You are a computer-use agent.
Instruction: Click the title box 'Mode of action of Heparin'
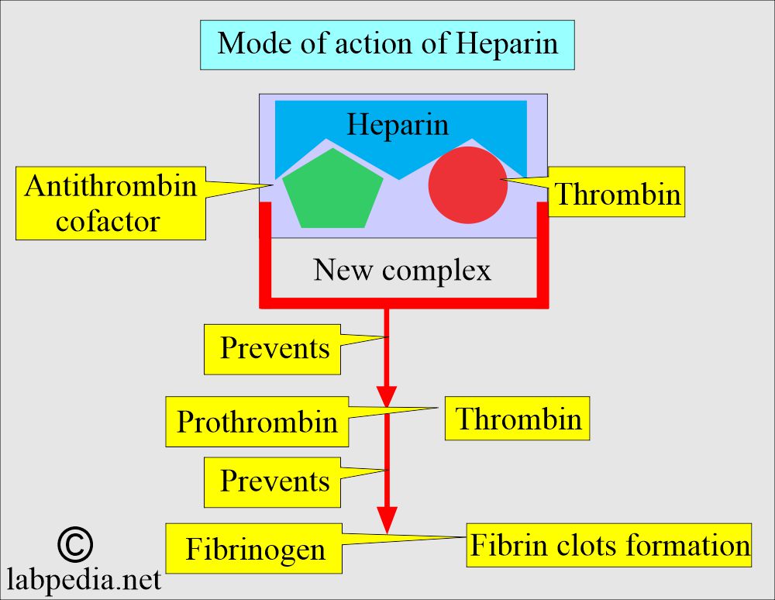[x=387, y=45]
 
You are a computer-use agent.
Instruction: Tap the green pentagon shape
[x=332, y=191]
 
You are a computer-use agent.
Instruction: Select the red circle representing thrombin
[x=467, y=184]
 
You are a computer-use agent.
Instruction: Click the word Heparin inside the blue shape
[x=398, y=124]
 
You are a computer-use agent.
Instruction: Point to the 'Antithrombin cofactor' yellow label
[x=111, y=203]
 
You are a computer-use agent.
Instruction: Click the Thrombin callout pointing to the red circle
[x=616, y=192]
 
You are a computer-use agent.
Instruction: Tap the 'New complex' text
[x=402, y=270]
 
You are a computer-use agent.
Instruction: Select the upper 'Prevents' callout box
[x=272, y=349]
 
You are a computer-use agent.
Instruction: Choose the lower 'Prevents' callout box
[x=272, y=482]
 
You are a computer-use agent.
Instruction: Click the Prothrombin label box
[x=257, y=422]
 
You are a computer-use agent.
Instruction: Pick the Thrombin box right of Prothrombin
[x=518, y=418]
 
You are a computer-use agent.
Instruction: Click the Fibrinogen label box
[x=254, y=549]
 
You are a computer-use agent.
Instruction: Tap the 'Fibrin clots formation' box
[x=609, y=545]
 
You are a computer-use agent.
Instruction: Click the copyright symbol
[x=75, y=545]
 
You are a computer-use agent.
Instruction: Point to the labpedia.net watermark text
[x=84, y=580]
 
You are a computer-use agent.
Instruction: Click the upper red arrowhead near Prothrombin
[x=387, y=396]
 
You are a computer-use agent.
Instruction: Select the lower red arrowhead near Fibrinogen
[x=387, y=520]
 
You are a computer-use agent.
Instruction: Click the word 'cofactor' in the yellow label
[x=108, y=222]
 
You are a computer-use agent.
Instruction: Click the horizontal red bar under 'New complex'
[x=404, y=303]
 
